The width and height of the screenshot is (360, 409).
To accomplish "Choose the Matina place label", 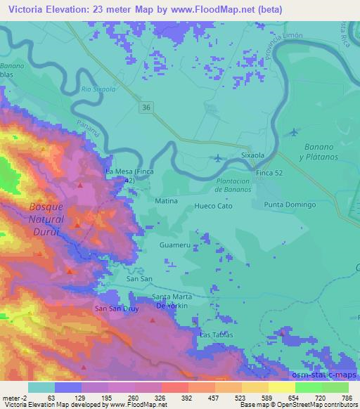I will point(165,201).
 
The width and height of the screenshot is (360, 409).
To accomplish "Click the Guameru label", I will point(174,246).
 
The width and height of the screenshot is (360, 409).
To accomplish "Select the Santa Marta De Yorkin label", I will point(172,301).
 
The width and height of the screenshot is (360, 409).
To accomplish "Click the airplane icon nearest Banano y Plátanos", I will point(294,132).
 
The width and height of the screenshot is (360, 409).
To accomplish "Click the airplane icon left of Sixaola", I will point(219,157).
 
